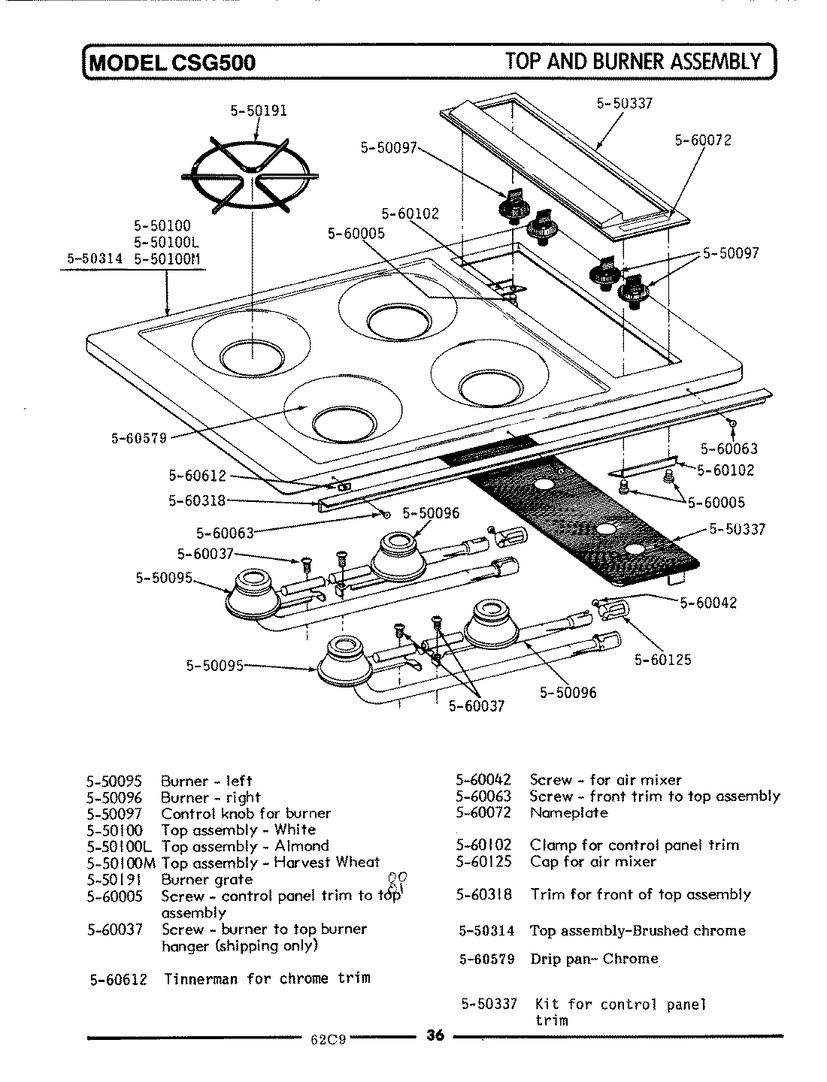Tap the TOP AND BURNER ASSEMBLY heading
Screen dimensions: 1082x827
click(x=634, y=60)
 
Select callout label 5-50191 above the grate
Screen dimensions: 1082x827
click(x=259, y=111)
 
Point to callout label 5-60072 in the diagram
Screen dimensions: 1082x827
click(x=703, y=140)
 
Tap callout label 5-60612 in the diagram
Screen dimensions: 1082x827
click(x=196, y=475)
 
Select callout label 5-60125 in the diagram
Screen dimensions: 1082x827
click(x=662, y=660)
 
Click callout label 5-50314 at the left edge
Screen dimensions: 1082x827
click(x=95, y=259)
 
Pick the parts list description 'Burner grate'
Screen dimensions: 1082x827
click(x=207, y=879)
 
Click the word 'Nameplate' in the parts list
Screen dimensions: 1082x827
click(x=568, y=812)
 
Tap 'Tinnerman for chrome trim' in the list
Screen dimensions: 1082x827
click(x=267, y=978)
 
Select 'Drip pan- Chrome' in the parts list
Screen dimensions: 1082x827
click(x=594, y=959)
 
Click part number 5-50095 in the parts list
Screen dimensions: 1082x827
click(x=114, y=781)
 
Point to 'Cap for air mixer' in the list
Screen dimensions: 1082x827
click(x=592, y=862)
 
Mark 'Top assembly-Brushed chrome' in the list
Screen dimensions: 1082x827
click(x=638, y=930)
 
